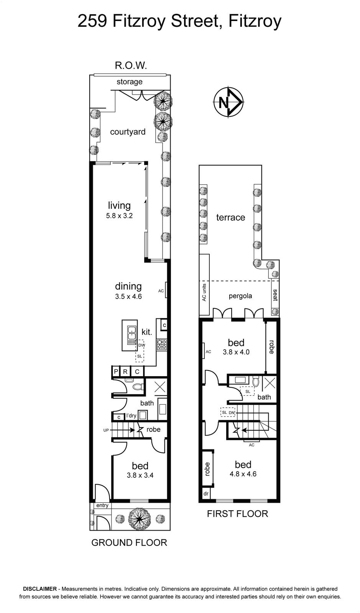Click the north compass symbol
[x=228, y=103]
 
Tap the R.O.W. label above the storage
[x=131, y=66]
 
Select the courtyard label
[x=128, y=132]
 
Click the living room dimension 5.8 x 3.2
[x=119, y=216]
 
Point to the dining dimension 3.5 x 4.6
[x=128, y=297]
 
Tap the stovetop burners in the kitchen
[x=161, y=345]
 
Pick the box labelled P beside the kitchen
[x=116, y=372]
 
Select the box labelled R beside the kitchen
[x=125, y=372]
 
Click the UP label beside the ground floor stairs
[x=106, y=430]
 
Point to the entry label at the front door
[x=102, y=505]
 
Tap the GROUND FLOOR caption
[x=129, y=543]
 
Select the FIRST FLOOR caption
[x=237, y=514]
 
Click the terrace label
[x=230, y=218]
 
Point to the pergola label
[x=240, y=296]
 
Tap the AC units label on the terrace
[x=204, y=292]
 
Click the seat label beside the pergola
[x=275, y=295]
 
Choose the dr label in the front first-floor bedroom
[x=206, y=494]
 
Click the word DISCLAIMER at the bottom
[x=40, y=588]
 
